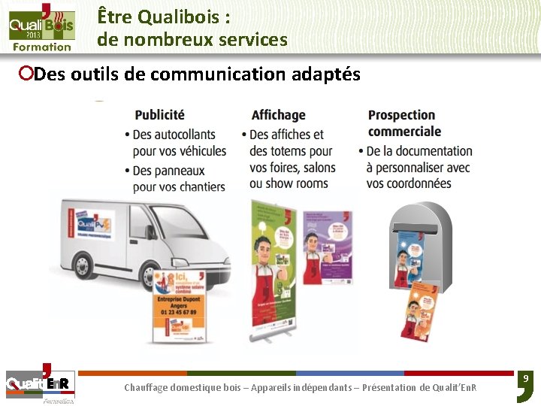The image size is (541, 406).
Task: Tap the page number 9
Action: click(x=525, y=378)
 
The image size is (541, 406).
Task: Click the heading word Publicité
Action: click(x=159, y=115)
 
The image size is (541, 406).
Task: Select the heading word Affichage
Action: click(x=278, y=115)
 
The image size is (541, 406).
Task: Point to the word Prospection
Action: click(x=401, y=115)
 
